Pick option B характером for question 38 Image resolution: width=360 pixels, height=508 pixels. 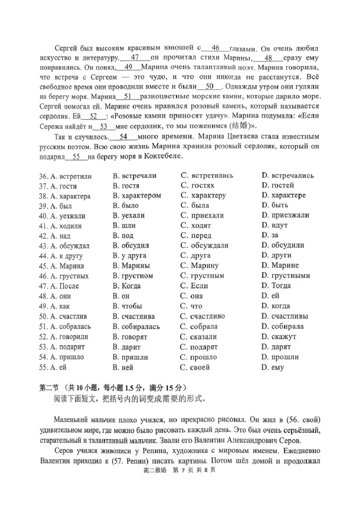pos(137,196)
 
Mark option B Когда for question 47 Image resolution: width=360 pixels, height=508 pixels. pos(126,286)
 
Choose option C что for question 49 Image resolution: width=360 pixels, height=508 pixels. pos(191,306)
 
